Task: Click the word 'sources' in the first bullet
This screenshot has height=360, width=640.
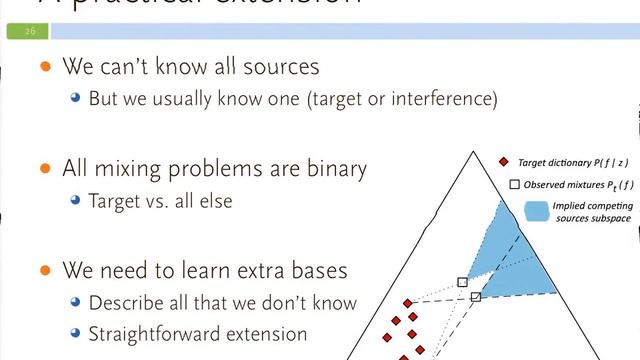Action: pyautogui.click(x=282, y=68)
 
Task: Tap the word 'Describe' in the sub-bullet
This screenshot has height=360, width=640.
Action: pyautogui.click(x=124, y=302)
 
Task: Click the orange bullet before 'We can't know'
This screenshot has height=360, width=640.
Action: pyautogui.click(x=44, y=68)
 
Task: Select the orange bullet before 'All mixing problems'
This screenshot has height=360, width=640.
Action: pyautogui.click(x=44, y=169)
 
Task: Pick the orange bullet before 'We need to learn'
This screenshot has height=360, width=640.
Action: pyautogui.click(x=44, y=270)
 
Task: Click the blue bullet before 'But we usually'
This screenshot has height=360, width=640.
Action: pyautogui.click(x=75, y=100)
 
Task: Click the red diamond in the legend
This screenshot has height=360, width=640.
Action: pyautogui.click(x=504, y=161)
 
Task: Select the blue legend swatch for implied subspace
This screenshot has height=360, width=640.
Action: pyautogui.click(x=537, y=211)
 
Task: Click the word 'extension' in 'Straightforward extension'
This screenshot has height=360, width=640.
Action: pyautogui.click(x=265, y=333)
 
